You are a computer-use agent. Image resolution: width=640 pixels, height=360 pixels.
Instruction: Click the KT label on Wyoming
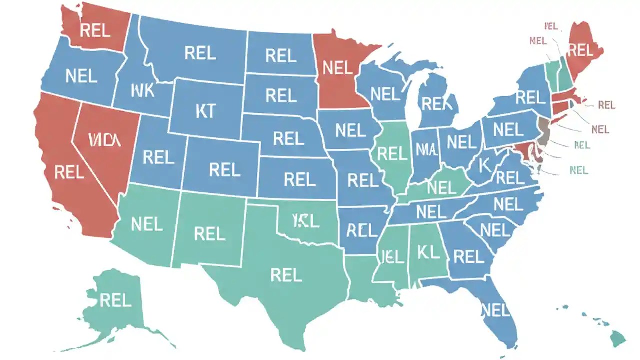205,112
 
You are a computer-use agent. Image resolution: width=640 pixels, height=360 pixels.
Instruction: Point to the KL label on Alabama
428,252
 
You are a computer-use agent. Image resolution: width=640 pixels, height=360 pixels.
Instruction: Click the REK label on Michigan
437,104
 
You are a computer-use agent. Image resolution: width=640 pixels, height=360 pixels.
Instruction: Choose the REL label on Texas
286,274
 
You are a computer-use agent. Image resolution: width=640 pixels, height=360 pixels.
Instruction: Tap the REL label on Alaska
115,300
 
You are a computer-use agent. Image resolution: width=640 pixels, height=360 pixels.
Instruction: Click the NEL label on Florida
495,310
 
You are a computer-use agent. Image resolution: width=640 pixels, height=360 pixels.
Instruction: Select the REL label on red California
69,173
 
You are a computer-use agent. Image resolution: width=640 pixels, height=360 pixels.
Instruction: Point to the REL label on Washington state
95,31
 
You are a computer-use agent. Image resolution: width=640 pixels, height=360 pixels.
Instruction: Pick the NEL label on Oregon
81,76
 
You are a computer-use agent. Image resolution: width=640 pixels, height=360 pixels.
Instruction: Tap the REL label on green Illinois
392,154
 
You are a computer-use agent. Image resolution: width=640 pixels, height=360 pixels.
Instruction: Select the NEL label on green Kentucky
442,188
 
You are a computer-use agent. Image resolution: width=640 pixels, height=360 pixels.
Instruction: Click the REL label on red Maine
580,50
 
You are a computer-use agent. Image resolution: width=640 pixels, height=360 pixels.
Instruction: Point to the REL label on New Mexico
210,233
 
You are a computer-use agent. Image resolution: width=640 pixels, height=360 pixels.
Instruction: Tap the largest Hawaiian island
618,338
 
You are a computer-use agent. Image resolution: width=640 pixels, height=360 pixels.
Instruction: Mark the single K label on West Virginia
484,166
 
